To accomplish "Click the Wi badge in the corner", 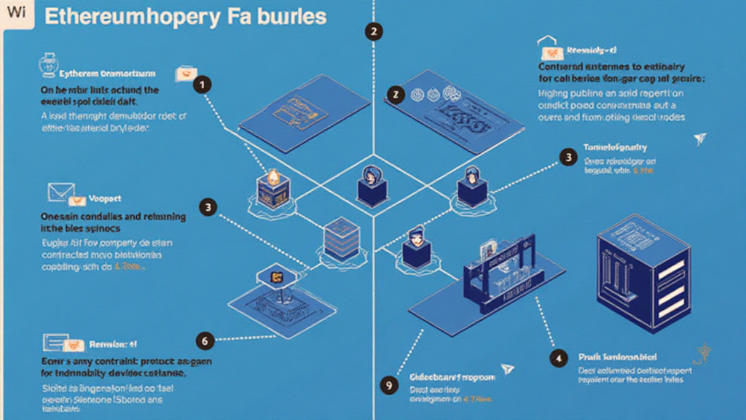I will [16, 15].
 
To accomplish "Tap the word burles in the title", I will [291, 17].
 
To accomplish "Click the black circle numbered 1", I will [202, 85].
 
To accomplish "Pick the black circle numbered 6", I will [205, 339].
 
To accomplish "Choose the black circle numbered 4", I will [558, 357].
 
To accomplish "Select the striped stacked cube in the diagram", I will [341, 238].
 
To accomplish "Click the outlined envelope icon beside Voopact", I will [58, 192].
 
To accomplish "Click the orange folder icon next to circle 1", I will [184, 74].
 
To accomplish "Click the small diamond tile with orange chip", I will [277, 276].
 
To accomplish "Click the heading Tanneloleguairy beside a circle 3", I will [616, 148].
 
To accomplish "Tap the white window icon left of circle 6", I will [55, 341].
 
